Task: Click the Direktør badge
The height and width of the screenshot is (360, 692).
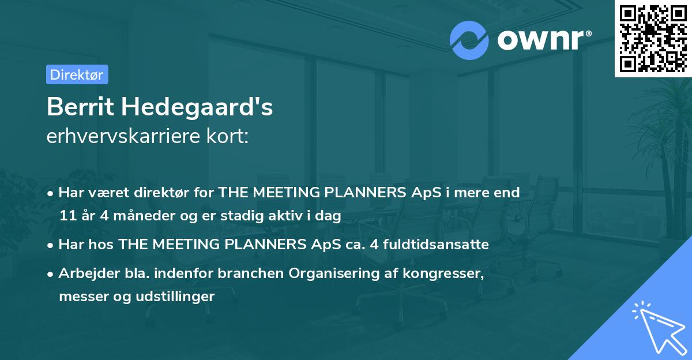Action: pos(77,74)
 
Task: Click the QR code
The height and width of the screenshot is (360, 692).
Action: pos(653,38)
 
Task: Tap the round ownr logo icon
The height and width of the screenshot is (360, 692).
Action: pos(469,40)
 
